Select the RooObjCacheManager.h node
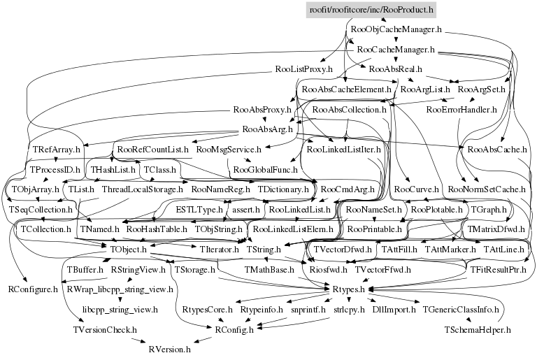pos(395,30)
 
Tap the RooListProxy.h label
pos(303,70)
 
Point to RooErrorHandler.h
pos(461,110)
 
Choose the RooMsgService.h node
pos(229,150)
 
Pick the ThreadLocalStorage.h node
pos(142,189)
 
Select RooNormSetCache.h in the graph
pos(487,189)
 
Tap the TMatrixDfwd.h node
pos(500,229)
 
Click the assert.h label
pos(246,209)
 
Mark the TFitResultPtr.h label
pos(498,269)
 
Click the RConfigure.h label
pos(33,289)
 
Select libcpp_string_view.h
pos(120,308)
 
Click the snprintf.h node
pos(303,308)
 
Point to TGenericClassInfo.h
pos(461,308)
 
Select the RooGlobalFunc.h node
pos(265,170)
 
